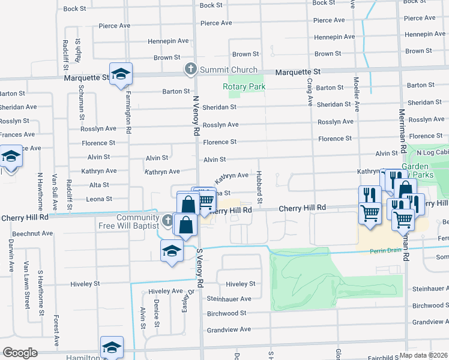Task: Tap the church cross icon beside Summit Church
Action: [x=191, y=69]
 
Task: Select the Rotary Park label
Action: [x=244, y=86]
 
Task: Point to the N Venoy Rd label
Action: [x=195, y=113]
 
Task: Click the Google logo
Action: [x=20, y=352]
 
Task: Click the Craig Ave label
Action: [x=310, y=91]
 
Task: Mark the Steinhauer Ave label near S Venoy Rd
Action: [x=229, y=299]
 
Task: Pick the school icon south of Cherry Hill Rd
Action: [x=171, y=251]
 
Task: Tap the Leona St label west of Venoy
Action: [x=99, y=199]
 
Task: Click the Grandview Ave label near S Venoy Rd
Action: [x=229, y=329]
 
